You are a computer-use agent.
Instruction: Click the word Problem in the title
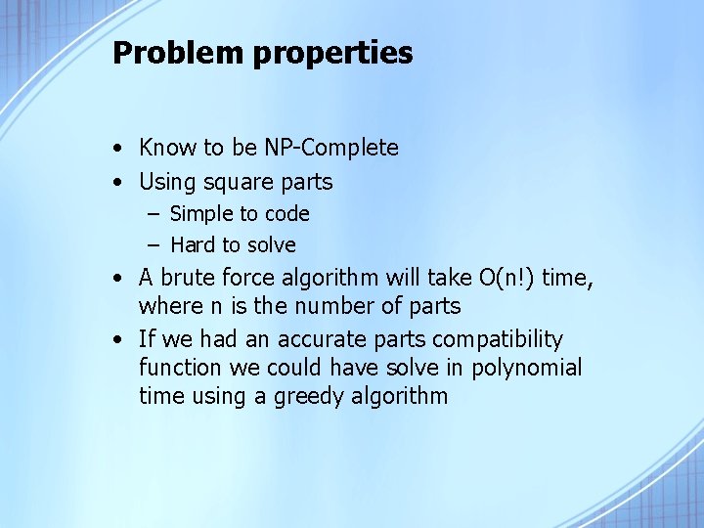pos(179,53)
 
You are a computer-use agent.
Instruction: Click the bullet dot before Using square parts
pos(116,182)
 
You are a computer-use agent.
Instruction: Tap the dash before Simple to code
pos(155,214)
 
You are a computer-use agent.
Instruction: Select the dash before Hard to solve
pos(155,244)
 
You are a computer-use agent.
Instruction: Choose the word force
pos(253,278)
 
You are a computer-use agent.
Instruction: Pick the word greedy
pos(290,397)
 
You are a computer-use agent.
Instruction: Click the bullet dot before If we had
pos(116,339)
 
